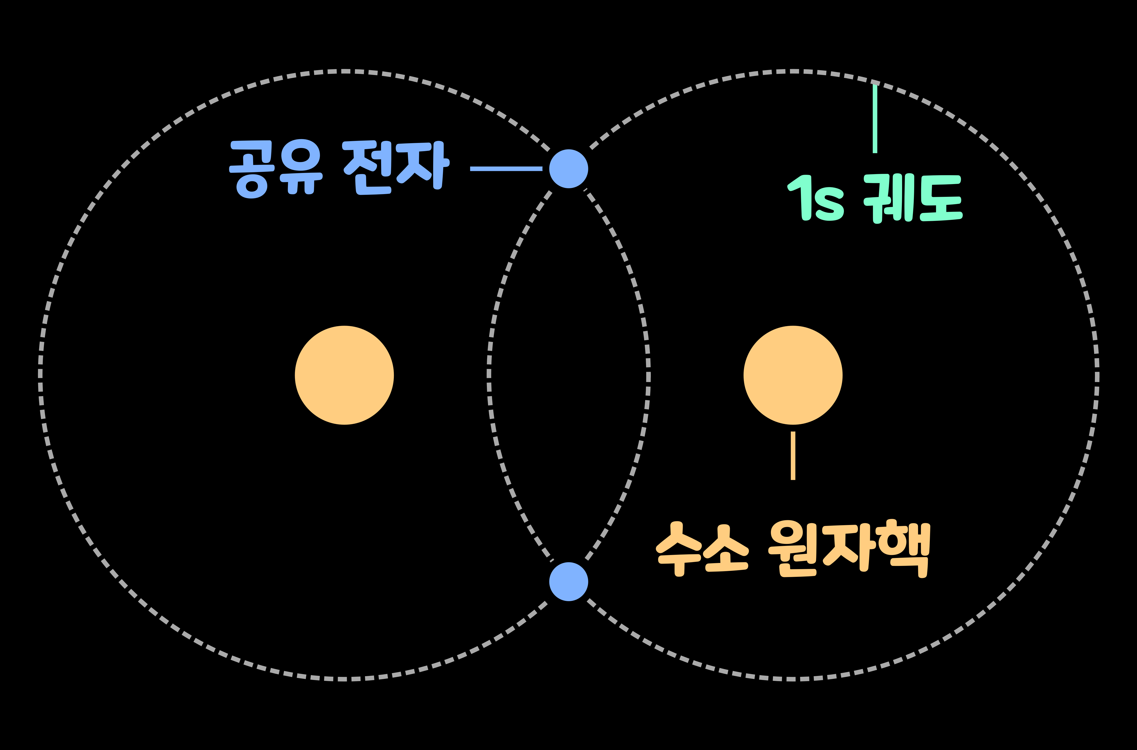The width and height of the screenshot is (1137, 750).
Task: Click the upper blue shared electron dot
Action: click(568, 169)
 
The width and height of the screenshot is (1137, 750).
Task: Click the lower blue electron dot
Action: click(568, 582)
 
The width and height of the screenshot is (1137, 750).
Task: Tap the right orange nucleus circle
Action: click(793, 375)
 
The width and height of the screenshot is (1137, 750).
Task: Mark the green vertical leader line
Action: click(875, 119)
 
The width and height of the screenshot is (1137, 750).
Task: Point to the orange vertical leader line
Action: click(793, 455)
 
